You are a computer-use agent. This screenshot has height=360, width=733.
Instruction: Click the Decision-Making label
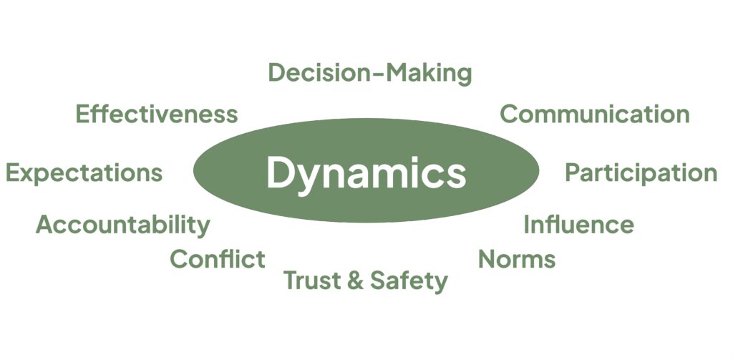[x=370, y=73]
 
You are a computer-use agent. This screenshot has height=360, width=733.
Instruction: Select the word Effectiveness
[x=157, y=114]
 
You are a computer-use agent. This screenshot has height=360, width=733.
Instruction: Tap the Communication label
[x=594, y=114]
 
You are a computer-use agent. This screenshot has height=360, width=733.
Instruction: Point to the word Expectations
[x=84, y=173]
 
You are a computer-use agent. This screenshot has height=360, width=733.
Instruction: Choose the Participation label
[x=641, y=173]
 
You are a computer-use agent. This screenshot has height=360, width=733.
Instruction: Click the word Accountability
[x=123, y=225]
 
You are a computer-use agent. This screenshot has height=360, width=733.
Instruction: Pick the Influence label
[x=578, y=225]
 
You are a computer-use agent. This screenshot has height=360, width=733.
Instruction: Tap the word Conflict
[x=218, y=258]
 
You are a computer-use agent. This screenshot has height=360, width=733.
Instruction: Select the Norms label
[x=517, y=258]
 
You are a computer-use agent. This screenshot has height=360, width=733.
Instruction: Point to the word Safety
[x=409, y=281]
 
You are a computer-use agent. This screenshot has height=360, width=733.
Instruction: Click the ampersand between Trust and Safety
[x=354, y=281]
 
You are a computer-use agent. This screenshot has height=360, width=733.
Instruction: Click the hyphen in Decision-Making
[x=373, y=74]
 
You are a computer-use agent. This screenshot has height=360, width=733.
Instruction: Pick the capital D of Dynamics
[x=279, y=172]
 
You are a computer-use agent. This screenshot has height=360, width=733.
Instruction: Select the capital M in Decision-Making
[x=392, y=73]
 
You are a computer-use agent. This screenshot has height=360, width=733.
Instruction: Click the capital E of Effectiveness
[x=83, y=114]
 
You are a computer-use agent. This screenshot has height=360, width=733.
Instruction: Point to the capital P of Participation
[x=573, y=172]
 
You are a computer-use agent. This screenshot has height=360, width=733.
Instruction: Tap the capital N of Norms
[x=487, y=258]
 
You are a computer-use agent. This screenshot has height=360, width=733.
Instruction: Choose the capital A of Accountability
[x=45, y=225]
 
